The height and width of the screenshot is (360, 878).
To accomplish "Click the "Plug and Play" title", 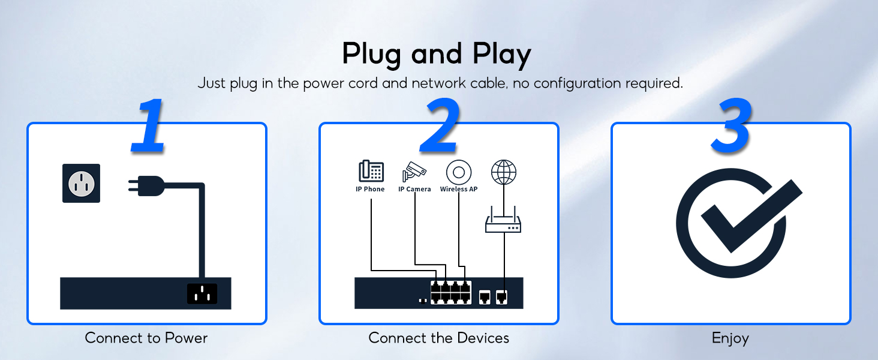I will (x=437, y=54).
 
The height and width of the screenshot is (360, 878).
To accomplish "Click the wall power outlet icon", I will (x=81, y=183).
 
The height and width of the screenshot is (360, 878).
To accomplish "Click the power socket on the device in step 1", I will (x=202, y=293).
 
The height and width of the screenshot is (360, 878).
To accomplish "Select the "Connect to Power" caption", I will (x=146, y=338).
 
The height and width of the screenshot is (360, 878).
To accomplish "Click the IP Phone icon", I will (x=371, y=171).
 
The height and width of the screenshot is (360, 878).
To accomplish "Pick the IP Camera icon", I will (x=414, y=171).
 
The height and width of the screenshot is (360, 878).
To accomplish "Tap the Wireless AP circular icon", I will (x=459, y=173).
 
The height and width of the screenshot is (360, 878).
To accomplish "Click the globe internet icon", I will (x=503, y=172).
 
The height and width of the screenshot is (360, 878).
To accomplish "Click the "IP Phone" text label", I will (x=370, y=189).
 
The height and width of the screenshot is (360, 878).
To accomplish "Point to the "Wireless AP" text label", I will (x=459, y=189).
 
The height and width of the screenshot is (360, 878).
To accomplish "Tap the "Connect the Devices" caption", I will (x=438, y=338).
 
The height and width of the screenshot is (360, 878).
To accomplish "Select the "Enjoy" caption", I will (x=730, y=338).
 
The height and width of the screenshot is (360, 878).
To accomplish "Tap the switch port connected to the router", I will (x=501, y=296).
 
